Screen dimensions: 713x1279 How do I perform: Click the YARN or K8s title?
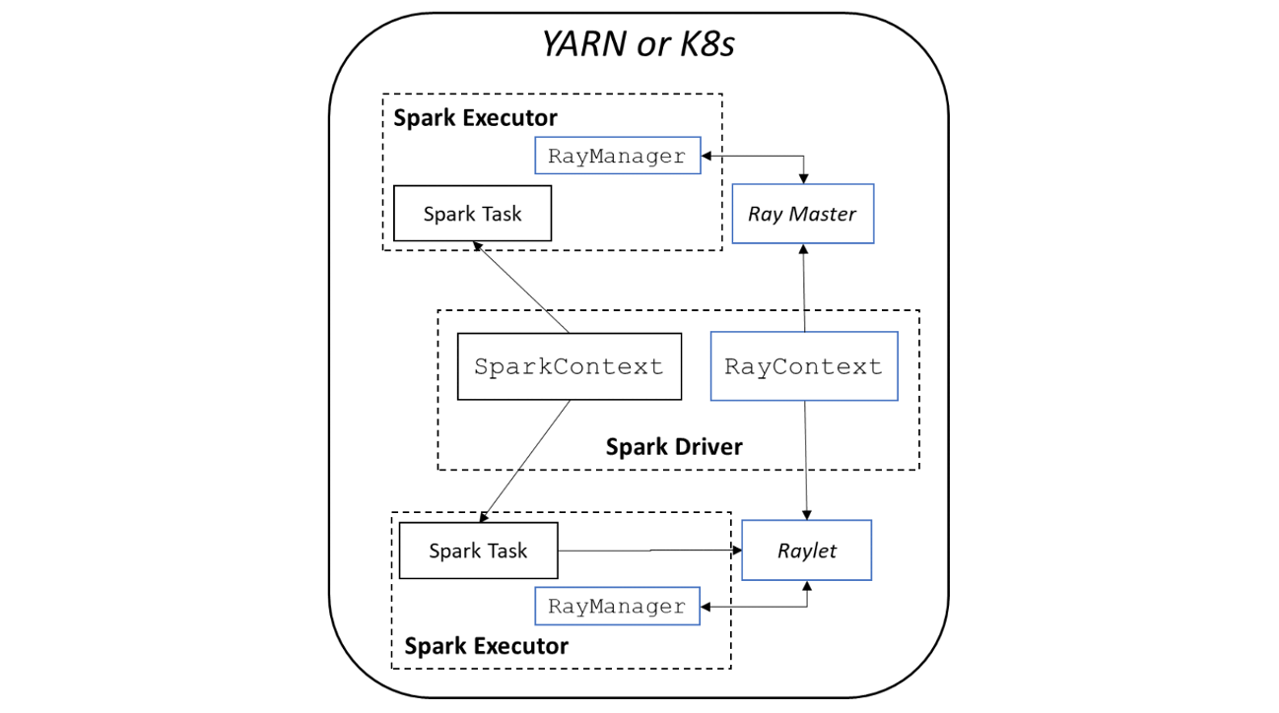(639, 44)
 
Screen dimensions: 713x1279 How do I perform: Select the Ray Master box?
(802, 214)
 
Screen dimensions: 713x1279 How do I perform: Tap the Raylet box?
(806, 551)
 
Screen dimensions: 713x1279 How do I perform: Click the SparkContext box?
(569, 366)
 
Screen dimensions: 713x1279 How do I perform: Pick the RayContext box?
(803, 366)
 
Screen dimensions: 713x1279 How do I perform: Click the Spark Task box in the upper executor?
(472, 214)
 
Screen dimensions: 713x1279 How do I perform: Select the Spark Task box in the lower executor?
(478, 551)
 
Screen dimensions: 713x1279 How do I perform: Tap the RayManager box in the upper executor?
(617, 156)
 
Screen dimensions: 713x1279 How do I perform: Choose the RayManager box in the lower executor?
(617, 606)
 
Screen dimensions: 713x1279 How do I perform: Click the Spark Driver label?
(674, 447)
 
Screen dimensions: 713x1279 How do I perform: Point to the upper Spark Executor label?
(475, 118)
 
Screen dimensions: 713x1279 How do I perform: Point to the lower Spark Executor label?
(486, 646)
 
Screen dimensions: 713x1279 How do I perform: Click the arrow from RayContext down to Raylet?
(807, 459)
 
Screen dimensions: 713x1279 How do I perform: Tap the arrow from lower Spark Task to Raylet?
(650, 551)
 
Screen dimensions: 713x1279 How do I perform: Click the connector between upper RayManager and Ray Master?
(769, 156)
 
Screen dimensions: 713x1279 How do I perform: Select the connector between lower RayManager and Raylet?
(769, 606)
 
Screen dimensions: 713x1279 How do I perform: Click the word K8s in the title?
(701, 44)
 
